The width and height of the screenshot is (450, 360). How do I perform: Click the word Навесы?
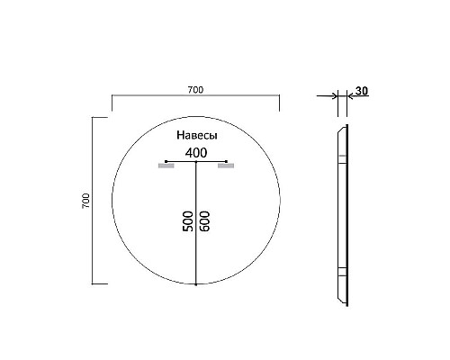coord(196,134)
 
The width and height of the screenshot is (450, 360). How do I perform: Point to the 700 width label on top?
coord(195,89)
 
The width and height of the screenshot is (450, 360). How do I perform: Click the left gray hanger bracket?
coord(166,166)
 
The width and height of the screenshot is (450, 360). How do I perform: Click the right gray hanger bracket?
coord(225,166)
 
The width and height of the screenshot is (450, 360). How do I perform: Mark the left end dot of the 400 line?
coord(166,161)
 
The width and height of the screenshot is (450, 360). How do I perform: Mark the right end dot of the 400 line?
coord(226,161)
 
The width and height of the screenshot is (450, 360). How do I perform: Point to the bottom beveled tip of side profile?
coord(341,301)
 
